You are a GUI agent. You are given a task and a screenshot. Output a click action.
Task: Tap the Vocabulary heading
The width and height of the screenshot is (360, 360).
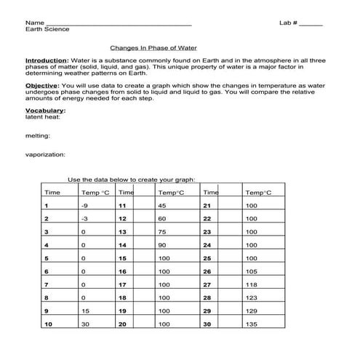tap(44, 110)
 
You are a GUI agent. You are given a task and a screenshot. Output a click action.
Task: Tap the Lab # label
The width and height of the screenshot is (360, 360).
tap(288, 23)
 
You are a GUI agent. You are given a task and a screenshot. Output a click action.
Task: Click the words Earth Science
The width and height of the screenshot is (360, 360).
tap(47, 30)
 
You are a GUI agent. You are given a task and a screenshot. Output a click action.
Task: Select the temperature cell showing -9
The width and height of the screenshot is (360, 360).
tap(85, 206)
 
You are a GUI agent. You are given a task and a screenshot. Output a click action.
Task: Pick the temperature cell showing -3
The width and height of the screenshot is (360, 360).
tap(85, 218)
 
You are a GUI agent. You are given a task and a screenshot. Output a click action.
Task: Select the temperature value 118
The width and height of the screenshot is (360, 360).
tap(252, 284)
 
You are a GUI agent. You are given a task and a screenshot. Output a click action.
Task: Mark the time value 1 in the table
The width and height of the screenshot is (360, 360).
tap(46, 206)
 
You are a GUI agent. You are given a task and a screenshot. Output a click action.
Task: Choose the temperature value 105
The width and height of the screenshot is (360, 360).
tap(252, 271)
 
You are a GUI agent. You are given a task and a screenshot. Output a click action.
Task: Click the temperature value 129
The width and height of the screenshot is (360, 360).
tap(252, 311)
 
